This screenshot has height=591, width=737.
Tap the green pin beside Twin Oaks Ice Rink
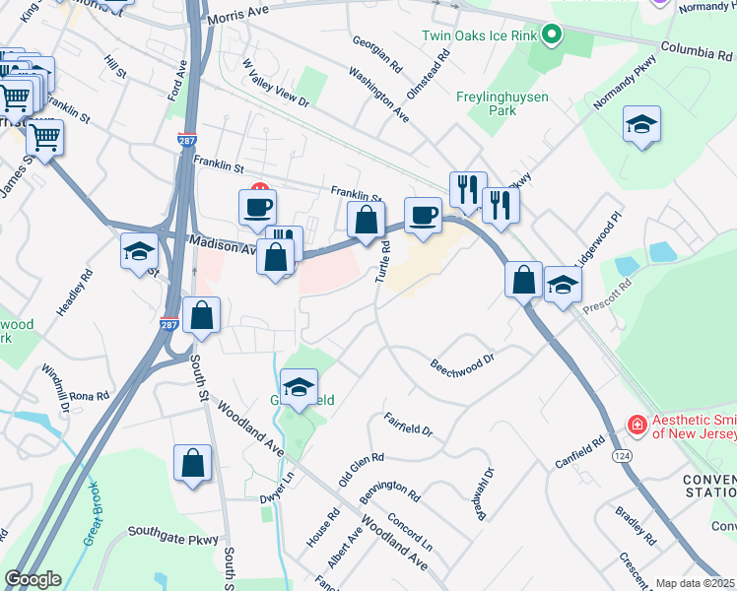(x=552, y=36)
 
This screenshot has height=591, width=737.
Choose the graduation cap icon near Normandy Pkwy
(x=641, y=124)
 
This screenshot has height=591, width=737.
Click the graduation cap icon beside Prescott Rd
(x=563, y=285)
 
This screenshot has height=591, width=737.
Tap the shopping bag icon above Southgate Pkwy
(x=192, y=463)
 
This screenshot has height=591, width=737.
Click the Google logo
(x=32, y=579)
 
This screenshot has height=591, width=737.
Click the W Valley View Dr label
(x=276, y=84)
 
